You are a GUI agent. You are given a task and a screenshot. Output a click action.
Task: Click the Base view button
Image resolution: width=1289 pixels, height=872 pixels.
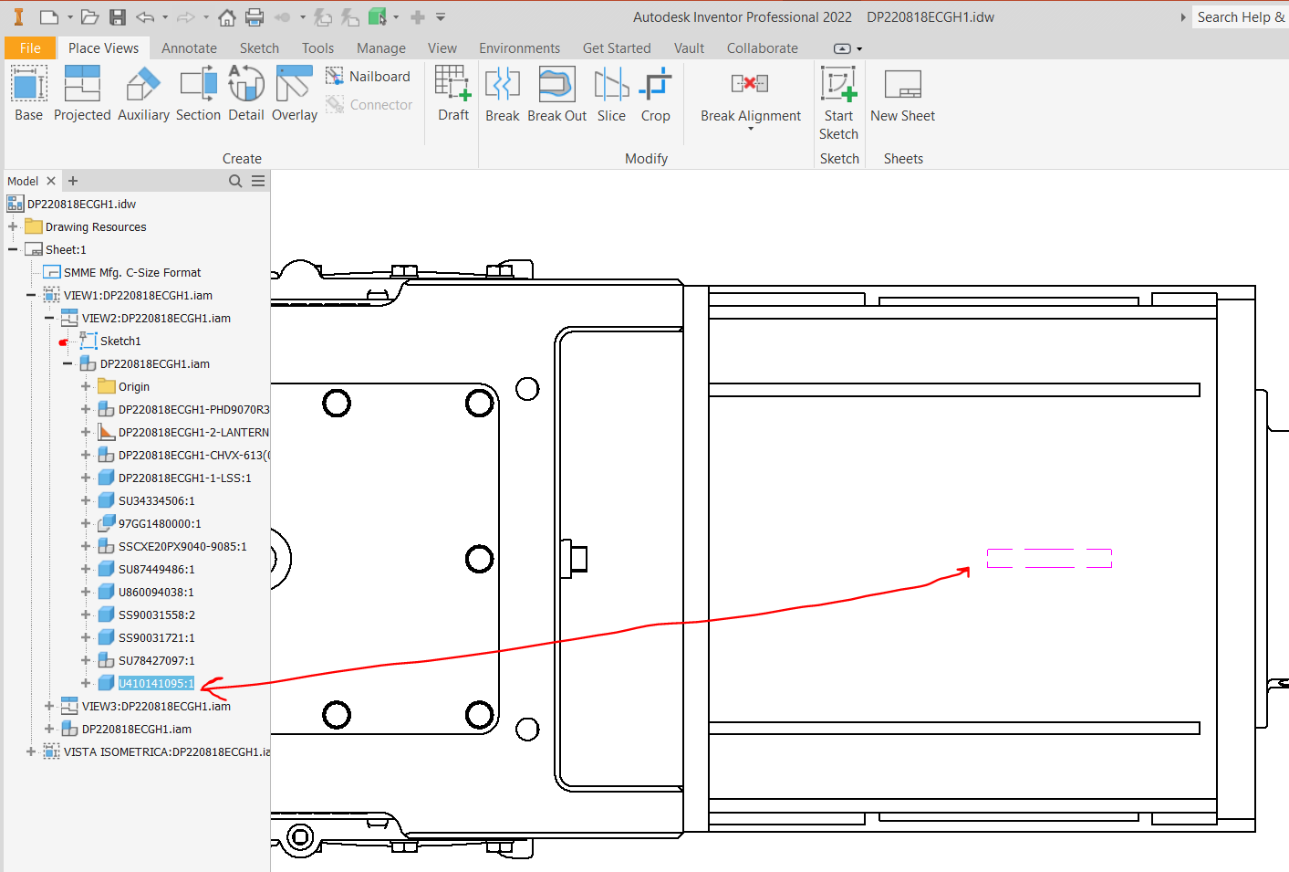[28, 94]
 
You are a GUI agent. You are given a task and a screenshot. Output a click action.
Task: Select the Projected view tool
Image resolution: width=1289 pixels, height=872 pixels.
[82, 94]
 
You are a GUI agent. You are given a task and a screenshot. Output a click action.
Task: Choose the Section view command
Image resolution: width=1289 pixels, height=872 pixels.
[198, 94]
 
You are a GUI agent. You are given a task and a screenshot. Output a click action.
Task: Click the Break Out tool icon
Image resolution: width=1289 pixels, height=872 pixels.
[556, 94]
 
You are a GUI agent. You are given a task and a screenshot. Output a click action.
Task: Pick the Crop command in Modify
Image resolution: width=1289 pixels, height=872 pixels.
[655, 94]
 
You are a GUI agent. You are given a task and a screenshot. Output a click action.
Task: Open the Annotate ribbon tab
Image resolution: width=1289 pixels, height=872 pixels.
[189, 48]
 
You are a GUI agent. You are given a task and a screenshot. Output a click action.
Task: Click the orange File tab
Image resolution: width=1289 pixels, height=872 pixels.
[30, 48]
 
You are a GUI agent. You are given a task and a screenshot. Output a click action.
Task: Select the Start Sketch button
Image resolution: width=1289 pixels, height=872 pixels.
[838, 102]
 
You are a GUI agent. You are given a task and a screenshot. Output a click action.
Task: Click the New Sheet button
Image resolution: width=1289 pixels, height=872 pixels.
[902, 94]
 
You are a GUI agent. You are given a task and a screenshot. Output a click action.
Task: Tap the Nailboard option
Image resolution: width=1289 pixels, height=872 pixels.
[369, 77]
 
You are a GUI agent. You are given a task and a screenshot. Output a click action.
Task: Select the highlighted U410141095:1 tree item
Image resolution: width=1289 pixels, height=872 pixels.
[156, 684]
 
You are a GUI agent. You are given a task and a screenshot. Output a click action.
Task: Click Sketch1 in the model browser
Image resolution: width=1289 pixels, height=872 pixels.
[120, 341]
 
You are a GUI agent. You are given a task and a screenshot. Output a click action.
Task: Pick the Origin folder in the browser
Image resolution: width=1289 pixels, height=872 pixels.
[133, 387]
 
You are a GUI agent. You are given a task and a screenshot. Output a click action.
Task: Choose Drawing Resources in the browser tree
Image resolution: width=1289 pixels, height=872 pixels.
[95, 227]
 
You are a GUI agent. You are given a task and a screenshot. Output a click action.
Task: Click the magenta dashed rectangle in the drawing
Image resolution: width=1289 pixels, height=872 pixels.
[1049, 558]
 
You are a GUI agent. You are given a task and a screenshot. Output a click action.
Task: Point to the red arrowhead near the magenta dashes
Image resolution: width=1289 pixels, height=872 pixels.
[964, 572]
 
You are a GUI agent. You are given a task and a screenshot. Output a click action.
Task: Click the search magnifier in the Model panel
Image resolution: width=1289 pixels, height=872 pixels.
[235, 181]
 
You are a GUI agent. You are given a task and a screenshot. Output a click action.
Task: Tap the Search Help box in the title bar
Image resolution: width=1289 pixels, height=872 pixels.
[1239, 17]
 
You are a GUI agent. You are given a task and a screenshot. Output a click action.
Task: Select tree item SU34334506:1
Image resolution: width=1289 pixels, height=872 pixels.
[156, 501]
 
